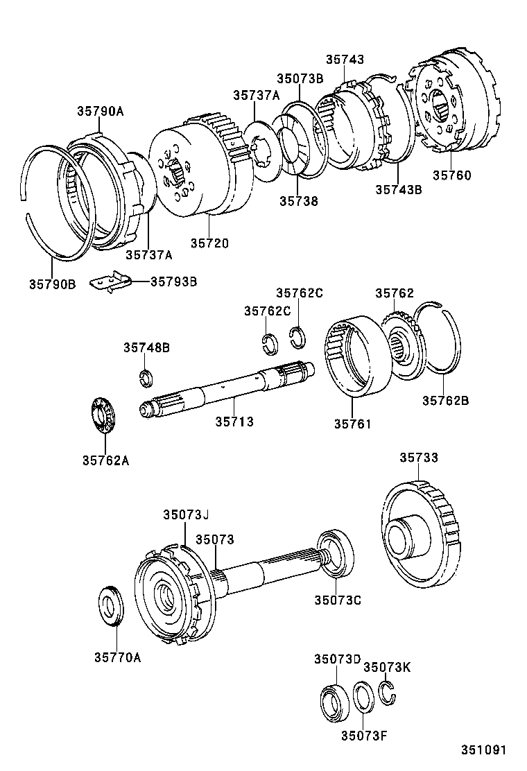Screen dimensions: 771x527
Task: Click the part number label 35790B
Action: pos(52,283)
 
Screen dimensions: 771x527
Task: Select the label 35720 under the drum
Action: pos(209,243)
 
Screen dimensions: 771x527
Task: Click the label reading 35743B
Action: pos(398,189)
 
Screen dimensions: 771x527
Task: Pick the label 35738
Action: pos(299,201)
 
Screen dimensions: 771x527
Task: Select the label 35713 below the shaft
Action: pos(234,421)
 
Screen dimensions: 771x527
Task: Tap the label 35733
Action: pos(419,458)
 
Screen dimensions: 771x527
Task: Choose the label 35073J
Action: pos(186,514)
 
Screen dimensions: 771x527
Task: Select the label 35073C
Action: pos(337,600)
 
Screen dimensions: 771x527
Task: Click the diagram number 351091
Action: pos(486,750)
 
